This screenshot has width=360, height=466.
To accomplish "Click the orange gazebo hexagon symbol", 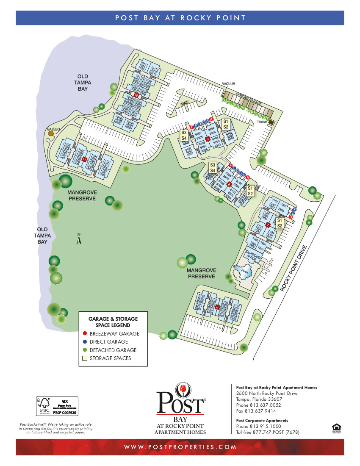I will [51, 133].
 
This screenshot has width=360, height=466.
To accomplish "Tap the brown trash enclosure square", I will [271, 122].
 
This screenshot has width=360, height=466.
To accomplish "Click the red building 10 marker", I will [136, 95].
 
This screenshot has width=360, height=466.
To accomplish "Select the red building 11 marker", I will [84, 159].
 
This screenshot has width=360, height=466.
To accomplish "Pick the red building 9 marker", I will [208, 139].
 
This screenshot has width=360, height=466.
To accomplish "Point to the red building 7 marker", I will [268, 225].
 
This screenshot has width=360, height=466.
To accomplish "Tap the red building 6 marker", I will [217, 307].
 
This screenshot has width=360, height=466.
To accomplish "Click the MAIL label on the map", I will [184, 103].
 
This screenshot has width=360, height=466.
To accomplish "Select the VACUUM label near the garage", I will [228, 84].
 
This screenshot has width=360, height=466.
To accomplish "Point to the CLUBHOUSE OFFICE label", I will [254, 254].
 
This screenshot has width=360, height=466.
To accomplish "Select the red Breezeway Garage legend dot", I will [85, 333].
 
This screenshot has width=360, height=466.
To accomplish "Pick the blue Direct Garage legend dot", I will [85, 341].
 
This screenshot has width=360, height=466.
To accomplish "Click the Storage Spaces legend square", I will [85, 358].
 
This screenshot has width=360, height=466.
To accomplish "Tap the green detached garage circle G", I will [224, 100].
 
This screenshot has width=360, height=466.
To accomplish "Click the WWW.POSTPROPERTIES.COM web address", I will [180, 447].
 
